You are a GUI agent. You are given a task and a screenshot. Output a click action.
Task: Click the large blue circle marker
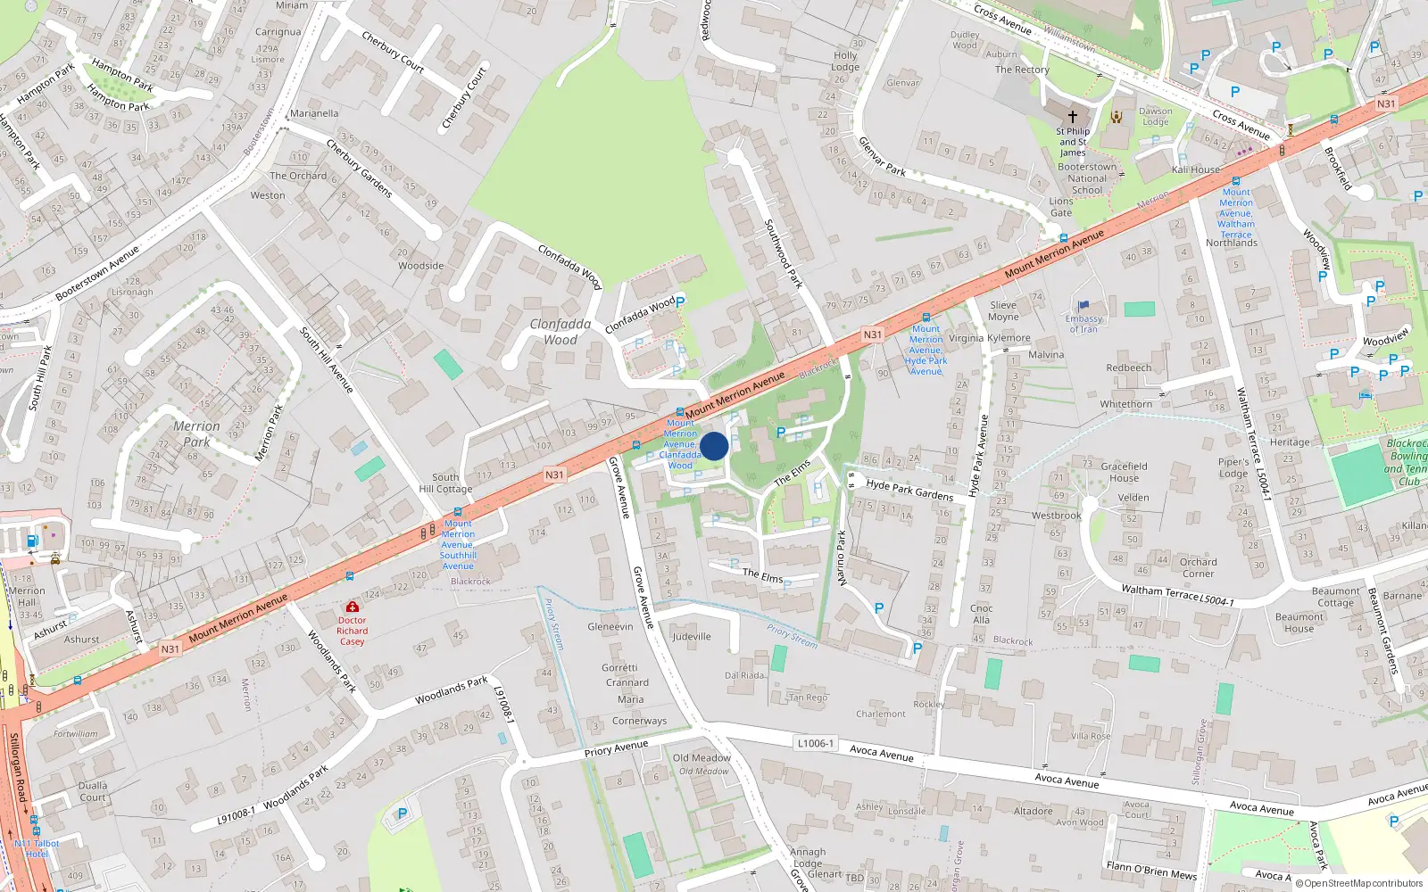tap(714, 446)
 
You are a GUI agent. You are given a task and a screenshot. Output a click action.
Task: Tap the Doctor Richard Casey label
tap(352, 631)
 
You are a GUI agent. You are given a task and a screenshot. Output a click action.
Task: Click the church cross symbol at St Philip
tap(1073, 116)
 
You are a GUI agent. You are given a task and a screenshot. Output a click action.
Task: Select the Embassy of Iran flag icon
tap(1083, 306)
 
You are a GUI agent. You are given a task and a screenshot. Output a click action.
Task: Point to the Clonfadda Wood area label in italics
tap(560, 332)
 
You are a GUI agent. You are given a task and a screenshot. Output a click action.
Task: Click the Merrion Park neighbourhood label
tap(196, 434)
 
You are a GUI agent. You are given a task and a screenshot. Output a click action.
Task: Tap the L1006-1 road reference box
tap(815, 743)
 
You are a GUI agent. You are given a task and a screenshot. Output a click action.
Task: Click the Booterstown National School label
tap(1086, 178)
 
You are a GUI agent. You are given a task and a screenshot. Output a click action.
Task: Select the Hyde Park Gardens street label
tap(909, 490)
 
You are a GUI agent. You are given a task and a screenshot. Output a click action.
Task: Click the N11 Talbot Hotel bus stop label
tap(37, 848)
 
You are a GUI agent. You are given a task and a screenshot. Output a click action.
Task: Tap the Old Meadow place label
tap(702, 758)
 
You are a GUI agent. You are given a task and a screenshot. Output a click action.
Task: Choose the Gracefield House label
tap(1124, 472)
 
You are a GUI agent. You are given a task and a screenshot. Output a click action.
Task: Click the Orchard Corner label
tap(1198, 567)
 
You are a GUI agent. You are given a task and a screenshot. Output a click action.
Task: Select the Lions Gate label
tap(1061, 207)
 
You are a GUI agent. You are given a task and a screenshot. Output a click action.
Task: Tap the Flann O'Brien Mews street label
tap(1151, 871)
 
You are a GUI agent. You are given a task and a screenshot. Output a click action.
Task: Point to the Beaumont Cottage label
tap(1335, 597)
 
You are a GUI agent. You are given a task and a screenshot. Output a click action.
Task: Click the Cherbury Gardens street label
tap(359, 168)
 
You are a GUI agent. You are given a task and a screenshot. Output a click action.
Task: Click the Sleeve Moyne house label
tap(1003, 310)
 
